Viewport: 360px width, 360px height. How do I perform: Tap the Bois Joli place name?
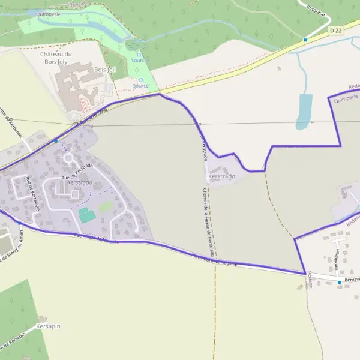pyautogui.click(x=105, y=70)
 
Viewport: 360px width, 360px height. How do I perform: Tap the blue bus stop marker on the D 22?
pyautogui.click(x=305, y=40)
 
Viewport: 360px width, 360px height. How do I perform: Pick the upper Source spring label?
pyautogui.click(x=139, y=60)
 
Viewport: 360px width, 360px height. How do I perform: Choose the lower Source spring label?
pyautogui.click(x=141, y=85)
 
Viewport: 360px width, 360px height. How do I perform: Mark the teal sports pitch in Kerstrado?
pyautogui.click(x=87, y=215)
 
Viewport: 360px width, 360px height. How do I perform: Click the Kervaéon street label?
pyautogui.click(x=337, y=259)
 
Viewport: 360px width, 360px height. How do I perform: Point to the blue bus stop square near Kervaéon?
pyautogui.click(x=339, y=282)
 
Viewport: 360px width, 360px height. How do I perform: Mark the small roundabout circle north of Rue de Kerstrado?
pyautogui.click(x=68, y=157)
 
